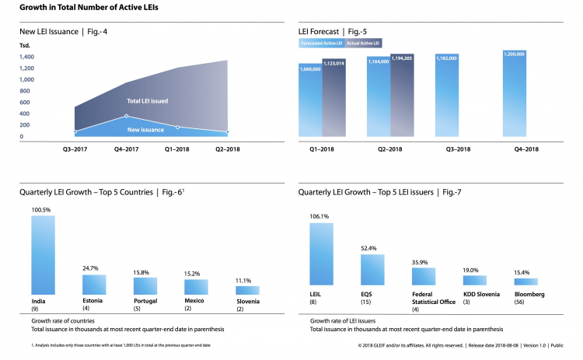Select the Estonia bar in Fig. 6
point(94,285)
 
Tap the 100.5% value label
point(43,210)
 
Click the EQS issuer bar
point(372,269)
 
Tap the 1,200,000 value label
point(515,54)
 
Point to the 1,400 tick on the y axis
point(26,57)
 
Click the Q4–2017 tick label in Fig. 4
point(126,148)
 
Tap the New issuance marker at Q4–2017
point(126,116)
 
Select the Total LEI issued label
point(148,101)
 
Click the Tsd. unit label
point(25,46)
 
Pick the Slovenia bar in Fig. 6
point(248,290)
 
